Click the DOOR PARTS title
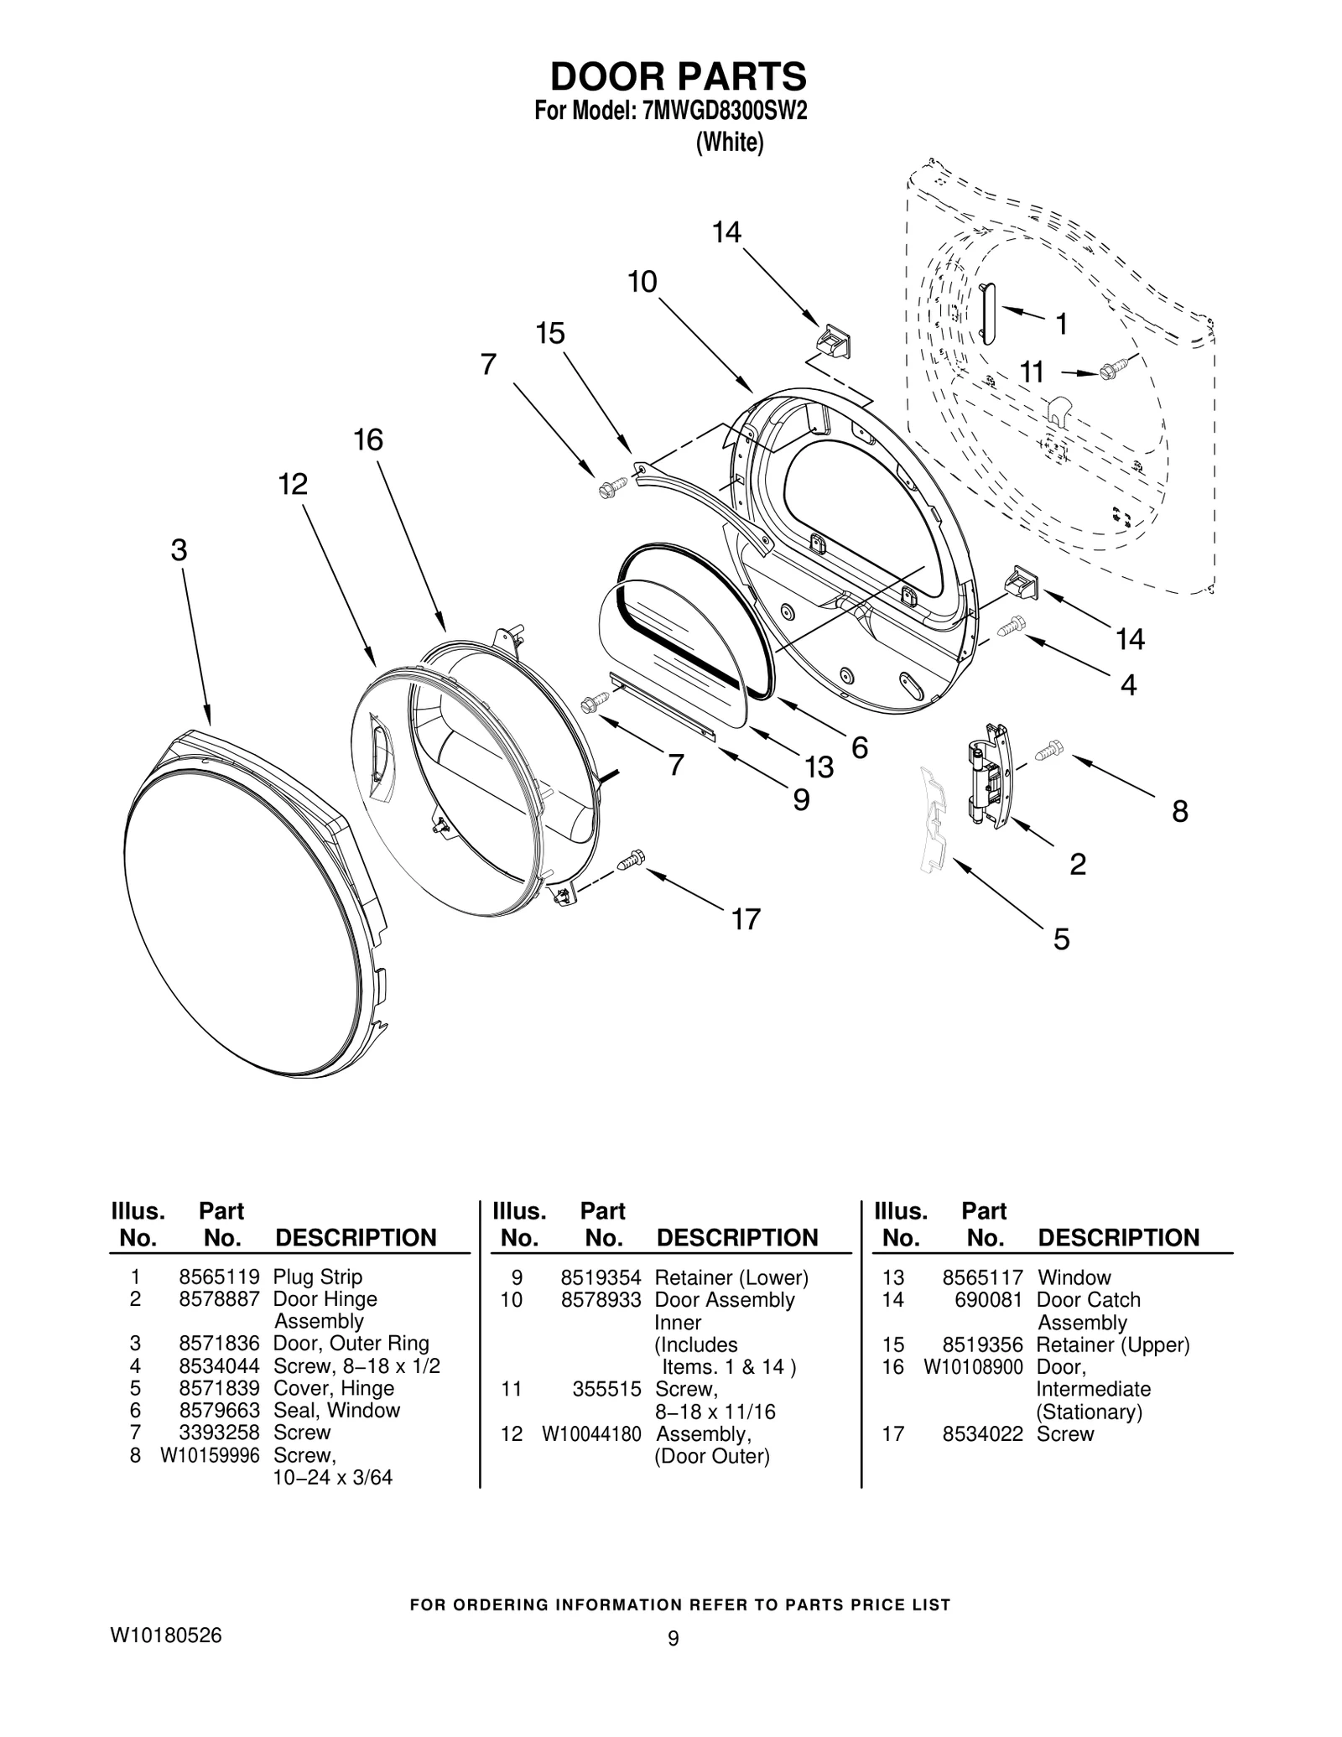click(x=678, y=76)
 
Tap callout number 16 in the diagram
click(x=368, y=439)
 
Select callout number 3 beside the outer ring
click(x=179, y=550)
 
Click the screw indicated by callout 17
click(x=632, y=860)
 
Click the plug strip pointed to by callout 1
click(x=988, y=312)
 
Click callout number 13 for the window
click(x=819, y=766)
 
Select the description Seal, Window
click(x=336, y=1410)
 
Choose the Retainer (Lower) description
click(x=731, y=1277)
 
